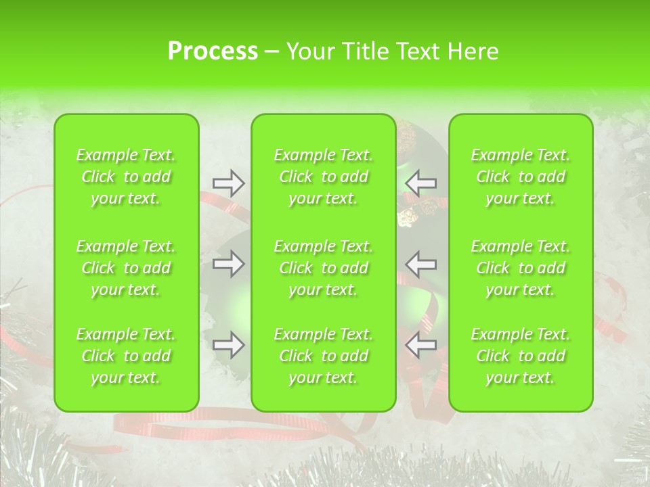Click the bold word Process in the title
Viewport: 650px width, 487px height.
[213, 51]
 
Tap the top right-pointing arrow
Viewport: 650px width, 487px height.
[229, 183]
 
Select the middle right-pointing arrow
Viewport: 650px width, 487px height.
[229, 263]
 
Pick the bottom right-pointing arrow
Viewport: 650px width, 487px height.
[229, 345]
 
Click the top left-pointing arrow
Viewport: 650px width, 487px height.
[420, 183]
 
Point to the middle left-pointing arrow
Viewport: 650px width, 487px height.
[420, 263]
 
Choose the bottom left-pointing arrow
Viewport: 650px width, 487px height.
[420, 345]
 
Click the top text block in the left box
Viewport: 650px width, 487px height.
[126, 177]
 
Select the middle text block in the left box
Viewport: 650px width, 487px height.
[126, 268]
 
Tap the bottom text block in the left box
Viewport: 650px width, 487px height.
[126, 356]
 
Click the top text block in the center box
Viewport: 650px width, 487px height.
[323, 177]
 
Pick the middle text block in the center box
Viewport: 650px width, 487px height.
[323, 268]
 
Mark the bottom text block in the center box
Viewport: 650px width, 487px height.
[323, 356]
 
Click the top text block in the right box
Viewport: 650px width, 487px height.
[520, 177]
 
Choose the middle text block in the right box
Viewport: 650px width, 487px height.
[520, 268]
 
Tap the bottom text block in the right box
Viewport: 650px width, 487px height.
[520, 356]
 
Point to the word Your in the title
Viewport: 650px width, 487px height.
[309, 51]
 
